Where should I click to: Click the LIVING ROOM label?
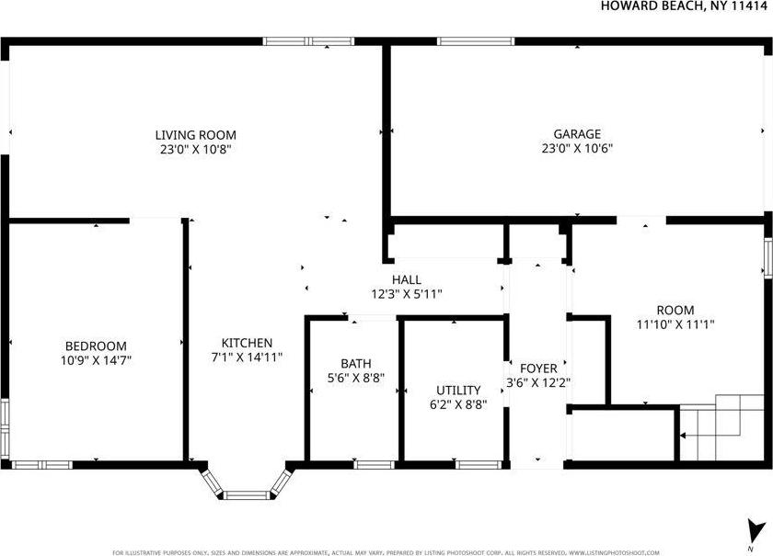tap(195, 135)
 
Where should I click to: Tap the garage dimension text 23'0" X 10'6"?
tap(577, 148)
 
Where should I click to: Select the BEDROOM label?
tap(96, 346)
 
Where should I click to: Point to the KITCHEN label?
tap(246, 343)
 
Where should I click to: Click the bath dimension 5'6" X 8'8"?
tap(355, 378)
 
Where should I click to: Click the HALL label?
tap(406, 279)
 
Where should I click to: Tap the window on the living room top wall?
tap(308, 41)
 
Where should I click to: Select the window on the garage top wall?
tap(475, 41)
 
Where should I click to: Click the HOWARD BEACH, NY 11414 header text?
tap(685, 6)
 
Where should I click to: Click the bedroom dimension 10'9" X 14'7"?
tap(96, 360)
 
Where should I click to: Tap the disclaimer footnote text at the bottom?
tap(386, 552)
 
